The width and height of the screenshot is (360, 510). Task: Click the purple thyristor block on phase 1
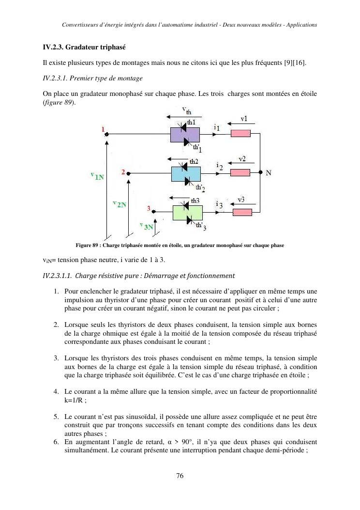[185, 134]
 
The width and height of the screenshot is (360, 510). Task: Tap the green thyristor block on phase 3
[187, 212]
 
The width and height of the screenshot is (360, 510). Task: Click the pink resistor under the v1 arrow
[240, 134]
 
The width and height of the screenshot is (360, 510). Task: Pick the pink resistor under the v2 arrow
[240, 172]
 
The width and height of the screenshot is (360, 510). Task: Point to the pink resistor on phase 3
[242, 212]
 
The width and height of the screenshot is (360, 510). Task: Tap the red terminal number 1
[103, 129]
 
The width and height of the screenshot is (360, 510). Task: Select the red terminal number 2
[123, 172]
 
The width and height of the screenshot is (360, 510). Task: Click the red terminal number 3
[149, 209]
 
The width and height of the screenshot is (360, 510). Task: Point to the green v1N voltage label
[97, 177]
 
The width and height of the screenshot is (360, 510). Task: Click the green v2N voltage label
[119, 204]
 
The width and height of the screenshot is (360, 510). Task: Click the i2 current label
[219, 167]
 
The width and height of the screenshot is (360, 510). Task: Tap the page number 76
[180, 476]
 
